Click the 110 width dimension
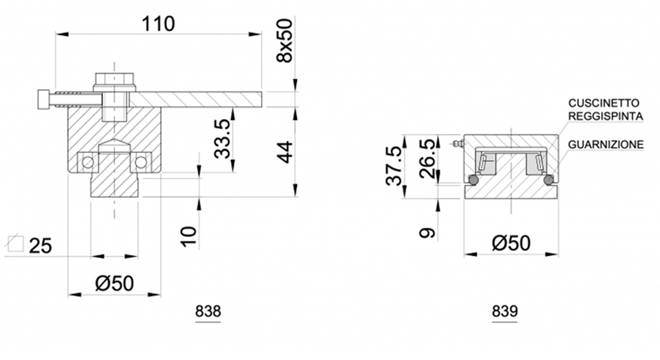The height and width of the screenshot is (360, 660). (x=159, y=24)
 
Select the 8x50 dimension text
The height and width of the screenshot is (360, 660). (x=285, y=40)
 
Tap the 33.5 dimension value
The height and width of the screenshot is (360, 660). (x=222, y=138)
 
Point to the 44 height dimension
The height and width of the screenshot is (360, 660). (x=285, y=152)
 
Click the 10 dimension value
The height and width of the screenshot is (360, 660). (x=189, y=237)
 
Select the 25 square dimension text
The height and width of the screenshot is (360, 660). (x=40, y=245)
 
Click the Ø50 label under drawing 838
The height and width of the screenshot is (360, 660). (x=115, y=283)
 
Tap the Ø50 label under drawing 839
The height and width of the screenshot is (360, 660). (x=511, y=243)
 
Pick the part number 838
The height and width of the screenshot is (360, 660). (x=208, y=312)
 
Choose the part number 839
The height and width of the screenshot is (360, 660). (x=504, y=312)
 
